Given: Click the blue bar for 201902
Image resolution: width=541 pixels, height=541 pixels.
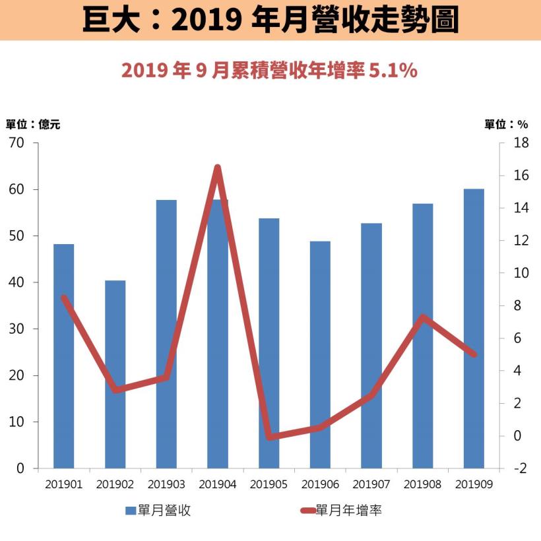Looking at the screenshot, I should coord(115,374).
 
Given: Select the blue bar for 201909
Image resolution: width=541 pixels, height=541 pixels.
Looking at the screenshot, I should coord(474,329).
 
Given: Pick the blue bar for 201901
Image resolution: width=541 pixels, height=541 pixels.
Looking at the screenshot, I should coord(64,356).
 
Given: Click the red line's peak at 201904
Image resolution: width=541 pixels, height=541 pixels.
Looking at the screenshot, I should coord(217,168).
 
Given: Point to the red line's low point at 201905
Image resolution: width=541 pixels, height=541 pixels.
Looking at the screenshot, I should coord(269,437).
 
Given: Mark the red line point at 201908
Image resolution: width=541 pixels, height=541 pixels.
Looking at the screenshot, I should coord(423,317).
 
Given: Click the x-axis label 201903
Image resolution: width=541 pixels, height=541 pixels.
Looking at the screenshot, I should coord(166,484).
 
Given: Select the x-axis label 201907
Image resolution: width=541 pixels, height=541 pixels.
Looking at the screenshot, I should coord(371,484).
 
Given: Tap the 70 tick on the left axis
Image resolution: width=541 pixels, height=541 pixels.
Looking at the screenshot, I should coord(16,143).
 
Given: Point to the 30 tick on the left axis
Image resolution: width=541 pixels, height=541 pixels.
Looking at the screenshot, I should coord(16,329).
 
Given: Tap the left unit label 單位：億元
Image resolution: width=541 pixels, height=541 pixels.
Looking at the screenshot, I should coord(33,124).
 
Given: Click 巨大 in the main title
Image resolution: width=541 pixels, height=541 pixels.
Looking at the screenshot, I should coord(106,20).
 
